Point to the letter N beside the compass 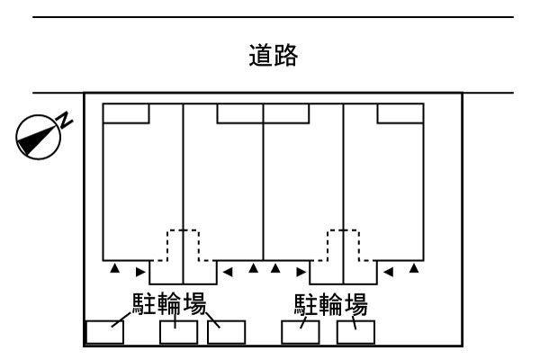(65, 120)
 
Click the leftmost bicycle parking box (104, 331)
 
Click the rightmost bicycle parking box (355, 331)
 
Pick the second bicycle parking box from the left (178, 331)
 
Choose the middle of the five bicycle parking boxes (226, 331)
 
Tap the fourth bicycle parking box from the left (301, 331)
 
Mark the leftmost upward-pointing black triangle (114, 268)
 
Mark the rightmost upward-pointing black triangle (414, 268)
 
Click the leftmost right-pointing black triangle (139, 269)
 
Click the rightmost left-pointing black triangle (388, 269)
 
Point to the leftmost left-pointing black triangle (227, 269)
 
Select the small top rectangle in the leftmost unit (126, 113)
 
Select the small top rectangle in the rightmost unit (400, 113)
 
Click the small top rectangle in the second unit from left (240, 113)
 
